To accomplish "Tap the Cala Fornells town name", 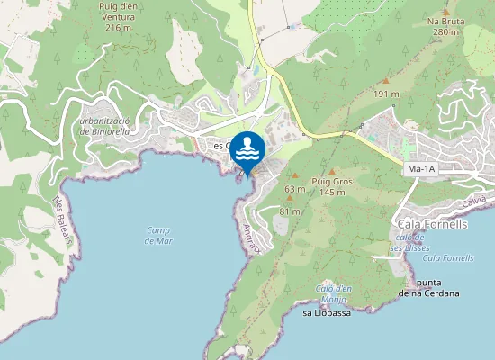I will tap(433, 224).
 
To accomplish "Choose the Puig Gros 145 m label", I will tap(331, 186).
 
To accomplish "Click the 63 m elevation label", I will tap(294, 189).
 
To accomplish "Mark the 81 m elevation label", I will tap(289, 211).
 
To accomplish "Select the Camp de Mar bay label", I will tap(158, 235).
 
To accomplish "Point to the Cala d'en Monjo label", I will tap(331, 292).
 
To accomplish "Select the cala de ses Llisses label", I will tap(411, 243).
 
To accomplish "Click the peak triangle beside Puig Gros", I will tap(332, 171).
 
